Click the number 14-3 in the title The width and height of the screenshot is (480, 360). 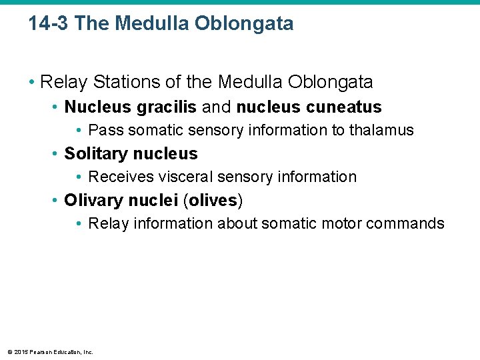pyautogui.click(x=49, y=24)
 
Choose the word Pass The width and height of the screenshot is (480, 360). pyautogui.click(x=105, y=130)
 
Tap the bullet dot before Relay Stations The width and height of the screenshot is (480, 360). pyautogui.click(x=31, y=83)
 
